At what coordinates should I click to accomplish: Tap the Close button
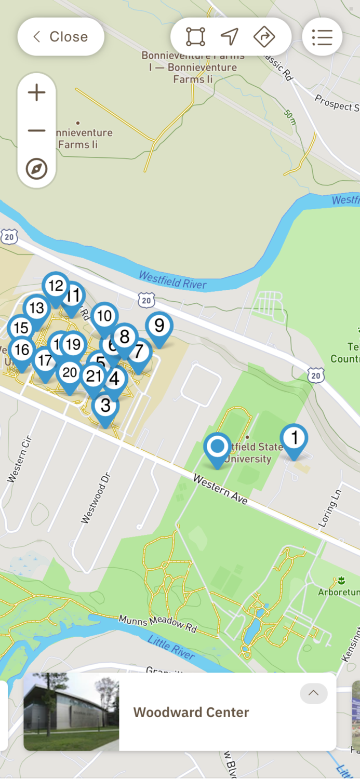point(61,37)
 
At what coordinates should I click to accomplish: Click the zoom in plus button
point(36,93)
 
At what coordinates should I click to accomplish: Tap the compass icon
point(36,169)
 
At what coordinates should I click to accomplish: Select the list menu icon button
point(322,37)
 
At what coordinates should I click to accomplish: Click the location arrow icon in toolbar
point(230,37)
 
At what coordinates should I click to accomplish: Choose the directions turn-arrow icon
point(264,37)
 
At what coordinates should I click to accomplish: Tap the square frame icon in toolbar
point(195,37)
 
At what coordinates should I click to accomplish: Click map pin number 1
point(294,438)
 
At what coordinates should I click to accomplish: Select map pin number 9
point(159,326)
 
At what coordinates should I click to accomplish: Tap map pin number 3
point(105,406)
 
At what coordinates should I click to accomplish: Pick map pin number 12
point(56,286)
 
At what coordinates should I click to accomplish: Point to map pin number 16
point(21,350)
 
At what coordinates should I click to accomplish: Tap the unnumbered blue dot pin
point(217,447)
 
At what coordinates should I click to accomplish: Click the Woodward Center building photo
point(71,711)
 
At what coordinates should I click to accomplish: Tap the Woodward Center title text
point(191,713)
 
